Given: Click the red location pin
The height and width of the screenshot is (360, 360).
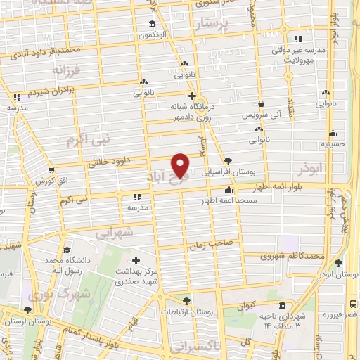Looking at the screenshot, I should (x=181, y=165).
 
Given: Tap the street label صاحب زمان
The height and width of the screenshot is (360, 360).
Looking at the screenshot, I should (x=206, y=245).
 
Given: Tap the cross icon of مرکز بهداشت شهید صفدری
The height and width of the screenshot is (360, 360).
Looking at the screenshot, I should (x=136, y=261).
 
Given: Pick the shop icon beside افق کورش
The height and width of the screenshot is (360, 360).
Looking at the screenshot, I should (x=51, y=169).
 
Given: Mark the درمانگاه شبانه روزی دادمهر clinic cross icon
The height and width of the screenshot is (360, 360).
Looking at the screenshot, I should (x=191, y=96).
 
